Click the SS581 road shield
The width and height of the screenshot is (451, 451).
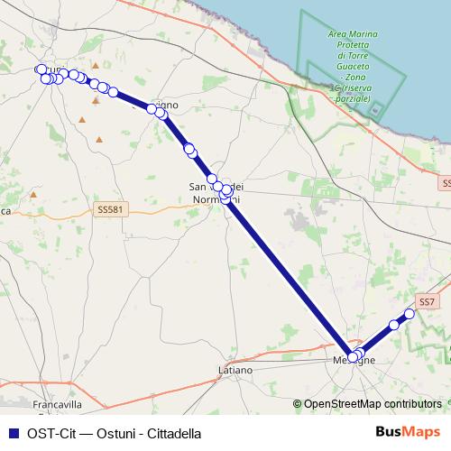point(109,209)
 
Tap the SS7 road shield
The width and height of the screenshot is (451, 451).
point(427,301)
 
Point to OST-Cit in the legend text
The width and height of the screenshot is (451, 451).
point(49,432)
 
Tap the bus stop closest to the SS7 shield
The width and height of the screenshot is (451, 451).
point(409,314)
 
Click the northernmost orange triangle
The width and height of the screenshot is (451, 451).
point(94,65)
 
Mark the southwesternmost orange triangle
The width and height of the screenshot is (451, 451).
point(82,119)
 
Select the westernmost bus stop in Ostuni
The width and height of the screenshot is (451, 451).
point(40,69)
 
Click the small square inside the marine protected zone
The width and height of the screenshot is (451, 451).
point(376,111)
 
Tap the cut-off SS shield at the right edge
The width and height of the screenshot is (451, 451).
point(446,183)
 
